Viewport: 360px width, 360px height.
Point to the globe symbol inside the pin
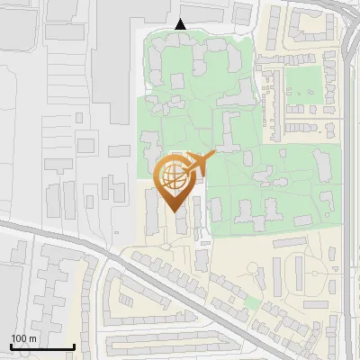coord(175,175)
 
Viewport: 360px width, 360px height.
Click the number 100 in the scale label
coord(19,338)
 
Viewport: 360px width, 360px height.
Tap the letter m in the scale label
coord(33,338)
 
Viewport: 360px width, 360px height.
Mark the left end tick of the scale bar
coord(11,346)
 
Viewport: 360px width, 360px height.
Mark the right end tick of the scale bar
coord(74,346)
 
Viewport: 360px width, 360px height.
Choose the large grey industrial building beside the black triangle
coord(135,54)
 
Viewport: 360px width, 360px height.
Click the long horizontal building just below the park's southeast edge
coord(296,241)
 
